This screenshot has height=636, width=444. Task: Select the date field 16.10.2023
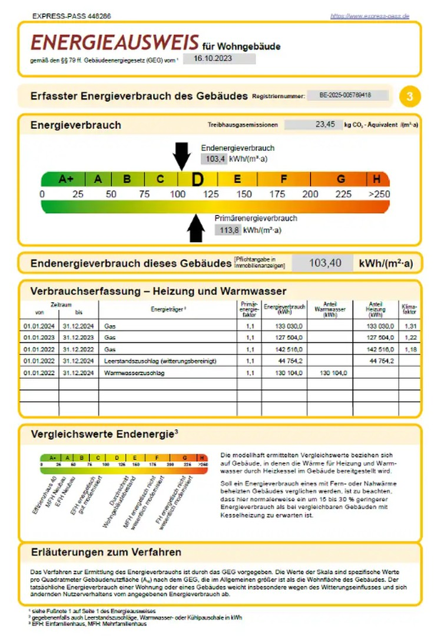click(219, 58)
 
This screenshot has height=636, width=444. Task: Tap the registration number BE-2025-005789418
click(349, 95)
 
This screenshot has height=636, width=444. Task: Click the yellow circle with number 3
click(410, 96)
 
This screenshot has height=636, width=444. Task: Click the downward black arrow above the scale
click(181, 156)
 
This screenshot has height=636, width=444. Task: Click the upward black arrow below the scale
click(196, 228)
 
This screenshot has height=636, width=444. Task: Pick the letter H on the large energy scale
click(377, 180)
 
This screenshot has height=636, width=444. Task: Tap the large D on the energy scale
click(197, 180)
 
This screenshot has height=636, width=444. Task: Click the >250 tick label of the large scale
click(379, 194)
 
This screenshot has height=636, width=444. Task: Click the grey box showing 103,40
click(322, 263)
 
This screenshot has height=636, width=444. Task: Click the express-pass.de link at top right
click(370, 16)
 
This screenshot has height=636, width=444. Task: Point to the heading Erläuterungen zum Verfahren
click(106, 552)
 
